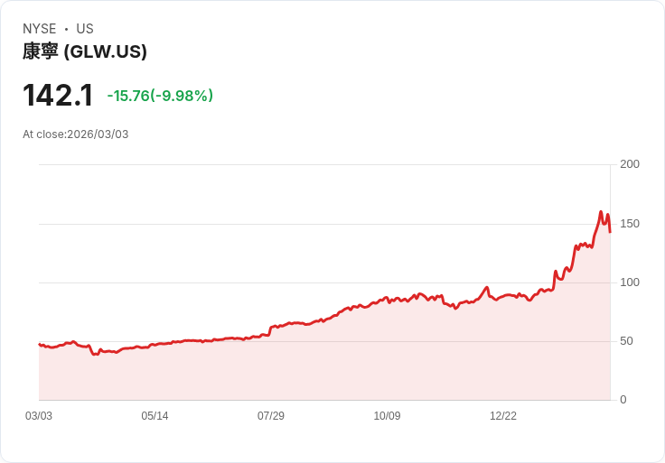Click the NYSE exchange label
[39, 29]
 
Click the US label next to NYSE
[85, 29]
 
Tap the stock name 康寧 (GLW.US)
[84, 51]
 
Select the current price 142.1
[58, 96]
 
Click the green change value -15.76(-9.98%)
[160, 96]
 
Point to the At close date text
[76, 134]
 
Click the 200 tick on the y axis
[630, 164]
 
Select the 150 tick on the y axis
[630, 223]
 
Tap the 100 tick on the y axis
[630, 282]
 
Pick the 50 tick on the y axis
[626, 341]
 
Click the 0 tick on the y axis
[623, 400]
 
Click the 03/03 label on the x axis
[39, 416]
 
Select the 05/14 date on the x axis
[155, 416]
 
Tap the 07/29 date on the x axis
[271, 416]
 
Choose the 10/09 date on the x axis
[387, 416]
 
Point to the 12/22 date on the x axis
[503, 416]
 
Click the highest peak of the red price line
[601, 212]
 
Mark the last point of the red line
[610, 232]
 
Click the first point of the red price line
[39, 344]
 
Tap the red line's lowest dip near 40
[95, 354]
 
